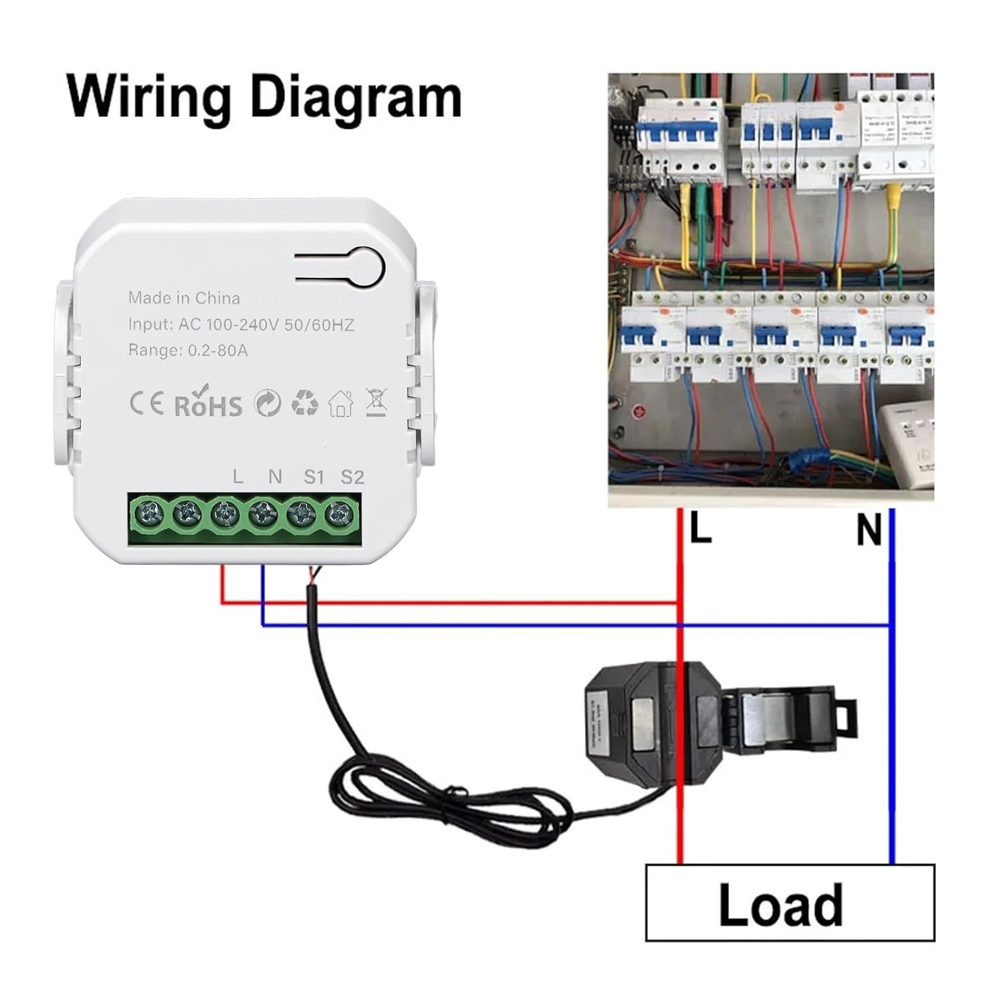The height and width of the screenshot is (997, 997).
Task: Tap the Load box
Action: (790, 903)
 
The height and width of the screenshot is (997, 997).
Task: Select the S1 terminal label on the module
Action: (314, 477)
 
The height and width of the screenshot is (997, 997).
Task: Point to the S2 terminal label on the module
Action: (352, 477)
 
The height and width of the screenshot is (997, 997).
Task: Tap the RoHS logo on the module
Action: (208, 404)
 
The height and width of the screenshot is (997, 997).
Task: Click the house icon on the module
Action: (340, 403)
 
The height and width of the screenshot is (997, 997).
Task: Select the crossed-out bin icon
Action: (377, 403)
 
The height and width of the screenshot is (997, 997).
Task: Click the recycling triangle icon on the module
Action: (304, 403)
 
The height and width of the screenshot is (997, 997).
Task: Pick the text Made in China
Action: (184, 298)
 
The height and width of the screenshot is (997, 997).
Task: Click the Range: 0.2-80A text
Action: (188, 350)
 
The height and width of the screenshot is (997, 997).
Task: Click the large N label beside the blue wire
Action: (869, 531)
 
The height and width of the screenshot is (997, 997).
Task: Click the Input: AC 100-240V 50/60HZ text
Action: (241, 324)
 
